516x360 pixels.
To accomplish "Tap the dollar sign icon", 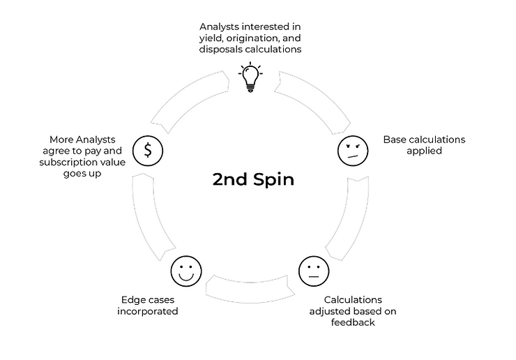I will tap(148, 149).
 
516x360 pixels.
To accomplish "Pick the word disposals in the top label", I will tap(221, 50).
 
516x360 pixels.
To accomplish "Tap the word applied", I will tap(424, 150).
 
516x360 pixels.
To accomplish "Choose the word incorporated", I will tap(147, 311).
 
